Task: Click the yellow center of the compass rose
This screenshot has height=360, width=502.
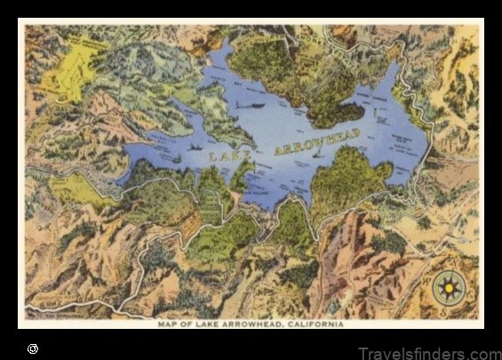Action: click(x=449, y=288)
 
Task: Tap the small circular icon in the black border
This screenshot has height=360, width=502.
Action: click(x=33, y=348)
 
